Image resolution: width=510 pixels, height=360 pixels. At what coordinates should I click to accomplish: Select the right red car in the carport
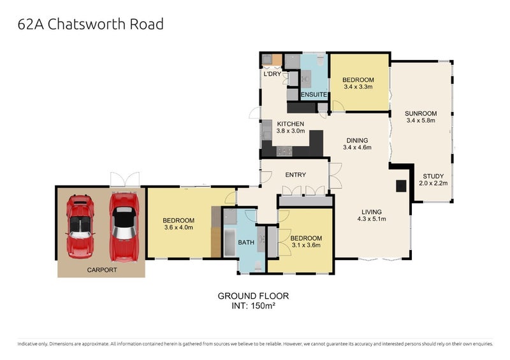click(x=124, y=226)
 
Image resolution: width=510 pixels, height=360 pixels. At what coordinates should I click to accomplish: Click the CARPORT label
click(x=102, y=270)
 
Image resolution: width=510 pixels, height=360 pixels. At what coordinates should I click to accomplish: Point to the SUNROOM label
click(x=421, y=115)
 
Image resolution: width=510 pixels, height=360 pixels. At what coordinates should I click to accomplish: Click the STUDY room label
click(x=433, y=176)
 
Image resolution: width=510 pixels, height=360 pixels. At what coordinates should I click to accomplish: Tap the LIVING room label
click(x=371, y=212)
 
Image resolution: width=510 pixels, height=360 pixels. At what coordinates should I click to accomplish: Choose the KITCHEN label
click(x=290, y=124)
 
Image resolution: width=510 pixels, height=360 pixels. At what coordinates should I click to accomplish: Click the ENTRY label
click(x=296, y=175)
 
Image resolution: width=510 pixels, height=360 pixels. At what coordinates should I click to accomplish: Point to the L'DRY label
click(x=272, y=75)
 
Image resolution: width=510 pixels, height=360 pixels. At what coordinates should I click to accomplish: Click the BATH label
click(x=246, y=242)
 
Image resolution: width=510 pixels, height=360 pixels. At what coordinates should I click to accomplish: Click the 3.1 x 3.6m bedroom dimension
click(x=305, y=245)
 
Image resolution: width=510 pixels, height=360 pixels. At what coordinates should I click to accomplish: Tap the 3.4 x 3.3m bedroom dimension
click(x=358, y=87)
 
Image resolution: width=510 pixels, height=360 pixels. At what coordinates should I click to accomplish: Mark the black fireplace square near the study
click(x=401, y=185)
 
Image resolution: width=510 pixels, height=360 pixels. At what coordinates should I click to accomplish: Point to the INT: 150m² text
click(x=254, y=306)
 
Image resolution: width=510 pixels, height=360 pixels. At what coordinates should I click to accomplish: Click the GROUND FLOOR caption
click(x=254, y=296)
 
